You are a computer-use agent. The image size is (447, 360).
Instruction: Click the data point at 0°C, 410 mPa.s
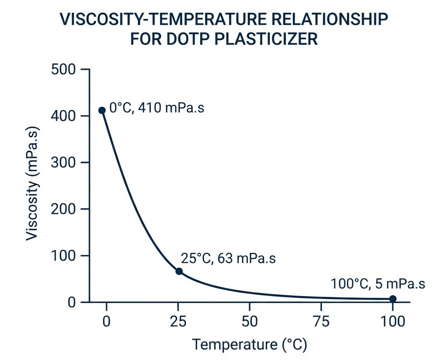pyautogui.click(x=102, y=110)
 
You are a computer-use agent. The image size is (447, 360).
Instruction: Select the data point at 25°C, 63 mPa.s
pyautogui.click(x=179, y=271)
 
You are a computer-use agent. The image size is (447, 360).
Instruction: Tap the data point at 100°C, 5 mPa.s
pyautogui.click(x=393, y=299)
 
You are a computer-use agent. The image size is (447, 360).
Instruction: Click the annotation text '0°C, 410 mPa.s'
pyautogui.click(x=156, y=108)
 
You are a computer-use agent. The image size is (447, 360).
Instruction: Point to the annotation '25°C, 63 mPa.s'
pyautogui.click(x=228, y=259)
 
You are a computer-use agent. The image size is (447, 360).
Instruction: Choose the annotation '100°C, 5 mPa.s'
pyautogui.click(x=378, y=284)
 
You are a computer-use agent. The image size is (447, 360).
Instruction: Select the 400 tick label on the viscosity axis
pyautogui.click(x=64, y=116)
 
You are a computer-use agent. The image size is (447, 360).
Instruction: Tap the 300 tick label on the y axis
pyautogui.click(x=64, y=162)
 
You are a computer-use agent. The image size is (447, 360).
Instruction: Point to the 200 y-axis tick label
pyautogui.click(x=64, y=209)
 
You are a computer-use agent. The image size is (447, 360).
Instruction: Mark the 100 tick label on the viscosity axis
pyautogui.click(x=64, y=256)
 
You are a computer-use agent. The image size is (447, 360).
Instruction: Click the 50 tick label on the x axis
pyautogui.click(x=250, y=321)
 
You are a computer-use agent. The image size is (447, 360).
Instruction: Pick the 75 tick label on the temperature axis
pyautogui.click(x=321, y=321)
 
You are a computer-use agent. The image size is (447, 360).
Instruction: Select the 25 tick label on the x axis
pyautogui.click(x=178, y=321)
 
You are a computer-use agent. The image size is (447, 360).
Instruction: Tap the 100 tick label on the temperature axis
pyautogui.click(x=392, y=321)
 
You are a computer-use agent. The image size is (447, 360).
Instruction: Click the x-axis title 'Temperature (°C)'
pyautogui.click(x=250, y=345)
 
